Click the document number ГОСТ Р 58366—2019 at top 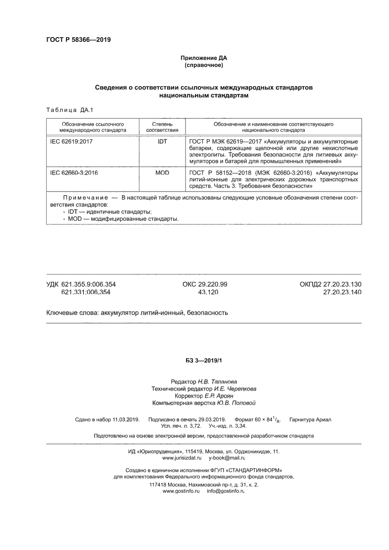tap(78, 40)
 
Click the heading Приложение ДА tap(203, 58)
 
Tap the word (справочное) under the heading tap(203, 65)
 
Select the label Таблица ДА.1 tap(70, 110)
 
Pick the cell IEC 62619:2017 tap(72, 141)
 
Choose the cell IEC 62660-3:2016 tap(74, 173)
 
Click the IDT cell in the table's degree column tap(162, 141)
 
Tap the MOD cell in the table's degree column tap(162, 173)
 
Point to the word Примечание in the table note tap(82, 199)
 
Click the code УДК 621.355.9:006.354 tap(81, 284)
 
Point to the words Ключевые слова tap(72, 312)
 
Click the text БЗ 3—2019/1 tap(203, 360)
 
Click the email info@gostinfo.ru tap(226, 491)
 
